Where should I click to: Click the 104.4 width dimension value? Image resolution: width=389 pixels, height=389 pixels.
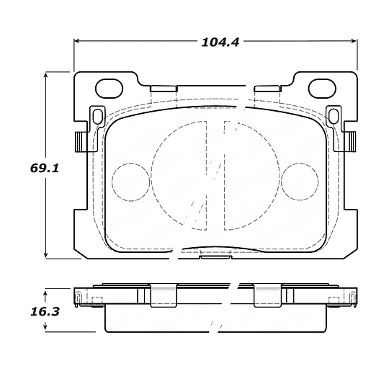coord(220,43)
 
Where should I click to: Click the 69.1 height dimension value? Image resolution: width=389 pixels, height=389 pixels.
coord(45,169)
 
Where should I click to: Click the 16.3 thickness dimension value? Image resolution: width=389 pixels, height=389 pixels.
coord(45,312)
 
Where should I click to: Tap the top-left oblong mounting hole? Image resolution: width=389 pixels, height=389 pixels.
coord(109,89)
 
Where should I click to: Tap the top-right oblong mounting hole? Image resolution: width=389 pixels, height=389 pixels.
coord(322,89)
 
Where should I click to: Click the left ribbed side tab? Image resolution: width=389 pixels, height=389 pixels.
coord(81,142)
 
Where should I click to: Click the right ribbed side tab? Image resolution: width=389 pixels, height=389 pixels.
coord(351,142)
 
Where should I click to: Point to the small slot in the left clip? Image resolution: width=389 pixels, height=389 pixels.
coord(98,117)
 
